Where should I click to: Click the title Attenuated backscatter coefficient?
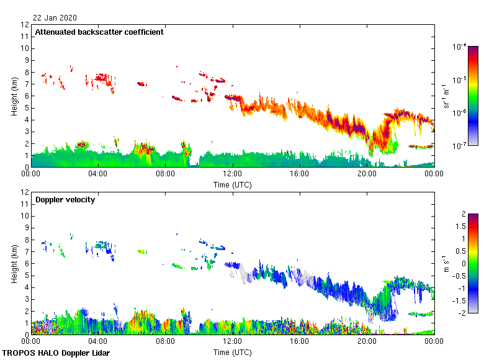(x=99, y=32)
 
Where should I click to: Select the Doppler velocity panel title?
(x=65, y=200)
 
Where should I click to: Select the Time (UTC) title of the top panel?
(x=233, y=184)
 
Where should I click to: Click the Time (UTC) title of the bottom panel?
(x=233, y=352)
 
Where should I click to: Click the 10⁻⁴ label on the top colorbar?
(x=460, y=47)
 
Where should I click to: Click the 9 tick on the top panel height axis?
(x=26, y=61)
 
